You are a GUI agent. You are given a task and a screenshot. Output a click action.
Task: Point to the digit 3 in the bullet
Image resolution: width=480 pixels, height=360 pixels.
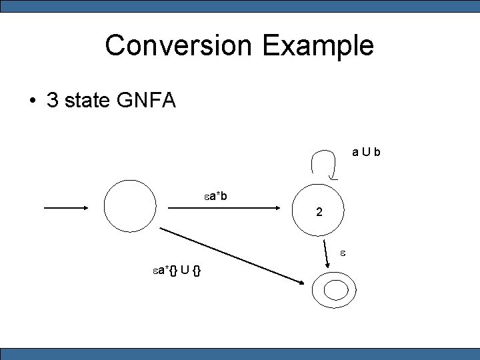click(x=52, y=101)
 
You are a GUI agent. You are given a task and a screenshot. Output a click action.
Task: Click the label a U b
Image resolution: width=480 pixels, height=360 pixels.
click(x=367, y=152)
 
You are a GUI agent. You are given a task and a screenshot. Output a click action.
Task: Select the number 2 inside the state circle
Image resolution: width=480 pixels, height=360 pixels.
click(x=320, y=213)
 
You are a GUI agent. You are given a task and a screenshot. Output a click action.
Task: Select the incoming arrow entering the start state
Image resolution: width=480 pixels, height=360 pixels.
click(x=67, y=208)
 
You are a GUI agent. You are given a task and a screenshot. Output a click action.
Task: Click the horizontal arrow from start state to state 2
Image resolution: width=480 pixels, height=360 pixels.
click(x=223, y=208)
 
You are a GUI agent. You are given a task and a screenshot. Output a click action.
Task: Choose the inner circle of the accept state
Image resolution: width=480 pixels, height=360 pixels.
click(x=336, y=290)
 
